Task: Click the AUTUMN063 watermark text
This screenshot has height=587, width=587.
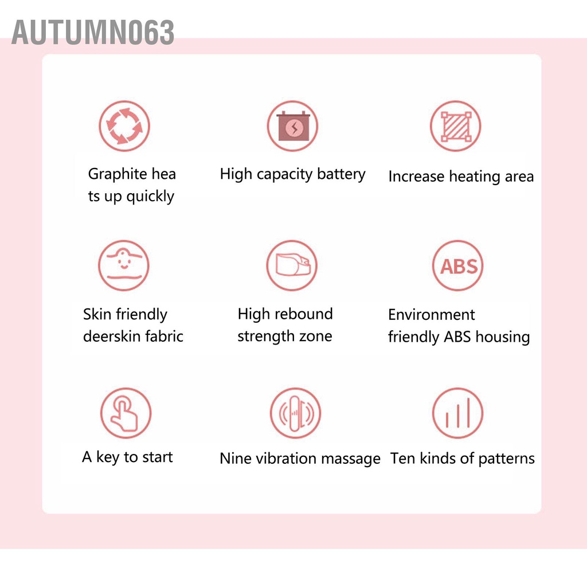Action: (93, 32)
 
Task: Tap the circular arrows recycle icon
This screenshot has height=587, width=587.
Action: (124, 126)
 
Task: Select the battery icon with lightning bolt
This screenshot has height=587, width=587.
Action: (292, 126)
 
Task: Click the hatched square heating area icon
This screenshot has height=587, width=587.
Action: (456, 126)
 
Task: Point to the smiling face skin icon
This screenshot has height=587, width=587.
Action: (124, 265)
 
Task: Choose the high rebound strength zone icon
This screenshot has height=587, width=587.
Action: (292, 265)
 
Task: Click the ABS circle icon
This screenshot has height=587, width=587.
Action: (458, 266)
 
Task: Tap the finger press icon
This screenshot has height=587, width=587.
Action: (126, 413)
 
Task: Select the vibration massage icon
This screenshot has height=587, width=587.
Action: (295, 413)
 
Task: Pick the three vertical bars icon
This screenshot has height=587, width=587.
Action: (457, 413)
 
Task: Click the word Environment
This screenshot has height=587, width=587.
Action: (431, 315)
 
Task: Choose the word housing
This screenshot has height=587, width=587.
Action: (503, 336)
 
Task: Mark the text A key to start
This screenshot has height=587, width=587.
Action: (127, 457)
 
